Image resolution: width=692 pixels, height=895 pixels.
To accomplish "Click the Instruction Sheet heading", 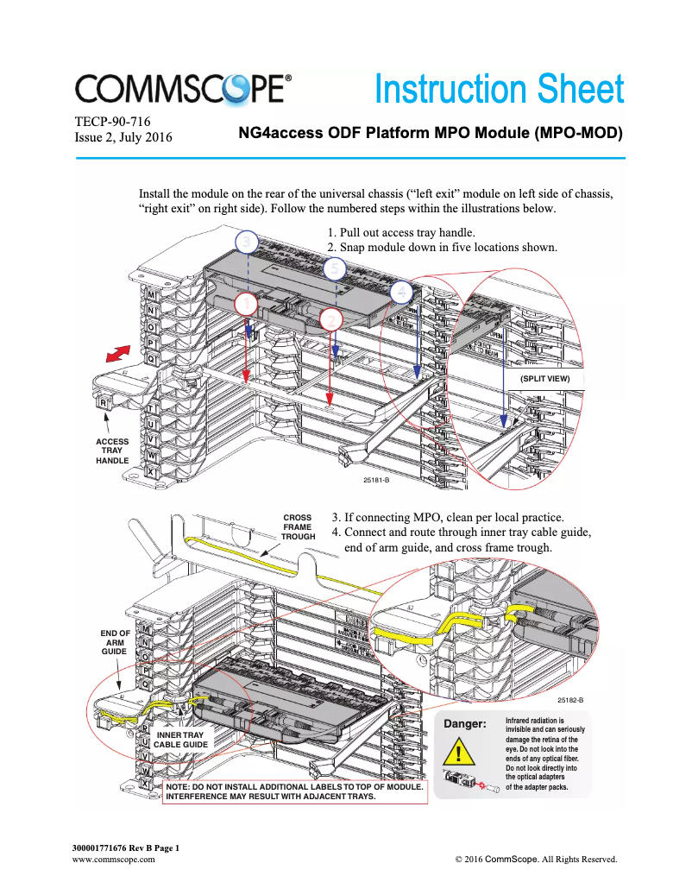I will pyautogui.click(x=498, y=90).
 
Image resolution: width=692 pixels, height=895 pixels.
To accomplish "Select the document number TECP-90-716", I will pyautogui.click(x=113, y=122).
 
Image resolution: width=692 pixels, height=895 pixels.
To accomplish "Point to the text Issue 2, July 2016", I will pyautogui.click(x=124, y=137).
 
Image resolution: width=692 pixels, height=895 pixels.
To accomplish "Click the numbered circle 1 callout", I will pyautogui.click(x=247, y=304).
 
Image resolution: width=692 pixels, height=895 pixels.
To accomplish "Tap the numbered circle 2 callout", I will pyautogui.click(x=330, y=319).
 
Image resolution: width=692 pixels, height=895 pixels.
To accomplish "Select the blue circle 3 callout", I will pyautogui.click(x=247, y=242).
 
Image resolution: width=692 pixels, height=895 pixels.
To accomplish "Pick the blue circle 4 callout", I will pyautogui.click(x=400, y=292).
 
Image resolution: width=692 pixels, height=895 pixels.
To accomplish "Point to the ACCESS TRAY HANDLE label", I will pyautogui.click(x=112, y=451).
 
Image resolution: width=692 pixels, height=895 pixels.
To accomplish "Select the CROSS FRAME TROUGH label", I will pyautogui.click(x=298, y=527).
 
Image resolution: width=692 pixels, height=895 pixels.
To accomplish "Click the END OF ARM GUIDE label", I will pyautogui.click(x=115, y=642).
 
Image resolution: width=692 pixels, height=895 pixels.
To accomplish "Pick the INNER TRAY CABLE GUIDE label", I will pyautogui.click(x=180, y=739).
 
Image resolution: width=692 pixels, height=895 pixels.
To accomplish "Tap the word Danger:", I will pyautogui.click(x=466, y=723).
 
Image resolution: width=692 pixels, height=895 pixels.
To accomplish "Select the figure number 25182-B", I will pyautogui.click(x=570, y=700).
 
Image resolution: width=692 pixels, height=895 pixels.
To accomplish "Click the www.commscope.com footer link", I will pyautogui.click(x=112, y=860).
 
